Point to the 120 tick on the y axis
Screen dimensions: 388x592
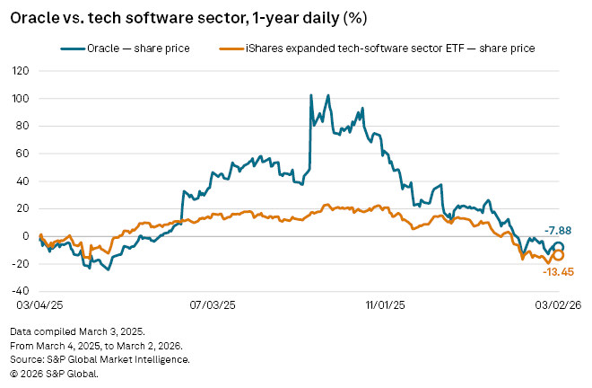click(x=20, y=70)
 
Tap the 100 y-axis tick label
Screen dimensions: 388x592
click(x=20, y=98)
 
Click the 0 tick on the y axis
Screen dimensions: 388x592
click(x=26, y=236)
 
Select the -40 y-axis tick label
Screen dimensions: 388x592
click(x=20, y=292)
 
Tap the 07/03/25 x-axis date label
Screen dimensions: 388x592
click(x=213, y=306)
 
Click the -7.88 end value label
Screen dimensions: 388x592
click(x=559, y=230)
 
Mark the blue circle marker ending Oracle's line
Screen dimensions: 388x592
click(x=558, y=247)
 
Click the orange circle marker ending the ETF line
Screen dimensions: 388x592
click(x=558, y=255)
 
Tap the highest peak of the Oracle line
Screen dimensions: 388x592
click(x=310, y=95)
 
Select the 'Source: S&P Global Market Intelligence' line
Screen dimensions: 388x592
click(x=100, y=359)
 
